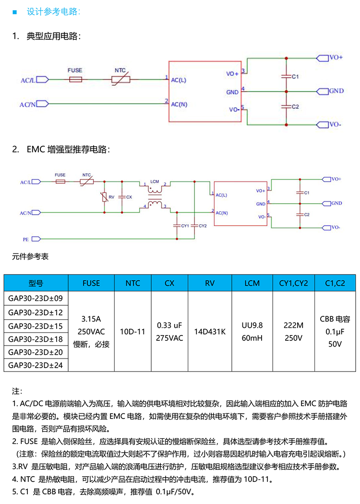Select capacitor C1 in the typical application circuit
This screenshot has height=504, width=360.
[286, 76]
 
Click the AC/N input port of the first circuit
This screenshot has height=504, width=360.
[42, 103]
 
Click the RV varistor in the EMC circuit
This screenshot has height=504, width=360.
[105, 197]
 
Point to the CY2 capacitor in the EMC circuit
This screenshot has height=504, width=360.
[194, 225]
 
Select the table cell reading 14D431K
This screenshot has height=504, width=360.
[210, 331]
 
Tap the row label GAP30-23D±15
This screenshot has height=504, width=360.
[36, 326]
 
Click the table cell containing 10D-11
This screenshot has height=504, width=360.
[132, 331]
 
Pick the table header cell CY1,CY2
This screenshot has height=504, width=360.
[293, 283]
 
